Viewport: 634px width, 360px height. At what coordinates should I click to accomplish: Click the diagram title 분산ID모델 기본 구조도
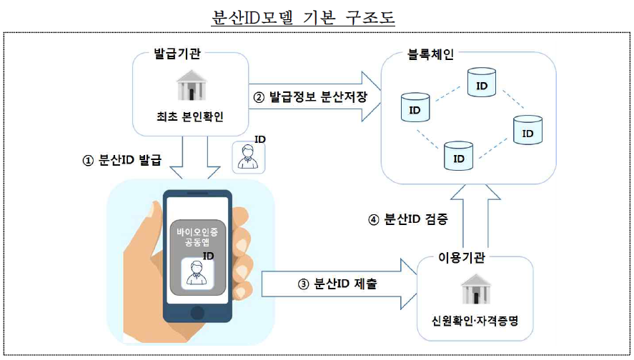click(304, 17)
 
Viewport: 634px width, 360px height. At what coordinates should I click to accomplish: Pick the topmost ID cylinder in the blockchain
click(481, 84)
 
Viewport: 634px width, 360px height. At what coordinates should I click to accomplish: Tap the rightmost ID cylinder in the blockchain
click(527, 130)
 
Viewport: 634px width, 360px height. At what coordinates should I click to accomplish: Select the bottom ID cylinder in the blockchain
click(458, 154)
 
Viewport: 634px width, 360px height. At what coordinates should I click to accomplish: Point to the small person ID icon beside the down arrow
click(248, 156)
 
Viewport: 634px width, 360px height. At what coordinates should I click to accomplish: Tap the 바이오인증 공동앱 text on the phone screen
click(197, 238)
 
